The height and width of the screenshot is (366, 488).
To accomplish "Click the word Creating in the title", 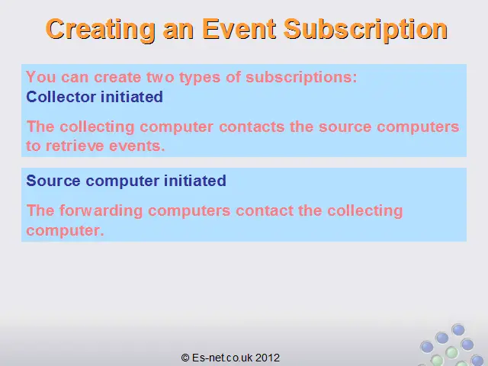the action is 100,30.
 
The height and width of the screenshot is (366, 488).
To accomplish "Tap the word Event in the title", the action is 239,29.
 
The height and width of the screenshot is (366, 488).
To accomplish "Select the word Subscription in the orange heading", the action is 365,30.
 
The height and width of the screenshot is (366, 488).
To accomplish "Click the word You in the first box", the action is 41,77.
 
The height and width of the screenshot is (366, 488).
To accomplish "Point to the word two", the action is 160,77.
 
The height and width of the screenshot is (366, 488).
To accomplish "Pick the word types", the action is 200,78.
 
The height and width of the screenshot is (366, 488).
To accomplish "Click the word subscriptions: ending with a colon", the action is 301,78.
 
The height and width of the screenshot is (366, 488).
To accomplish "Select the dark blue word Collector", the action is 61,97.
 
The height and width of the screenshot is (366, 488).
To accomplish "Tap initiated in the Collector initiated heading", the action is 132,97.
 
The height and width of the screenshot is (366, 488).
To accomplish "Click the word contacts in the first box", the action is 252,127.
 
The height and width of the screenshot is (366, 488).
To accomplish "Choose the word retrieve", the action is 75,146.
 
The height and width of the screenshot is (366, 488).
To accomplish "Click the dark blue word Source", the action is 53,181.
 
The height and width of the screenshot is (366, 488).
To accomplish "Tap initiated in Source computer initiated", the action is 195,181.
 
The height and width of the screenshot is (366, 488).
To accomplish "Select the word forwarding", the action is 101,211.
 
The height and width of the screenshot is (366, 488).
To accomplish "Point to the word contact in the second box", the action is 265,210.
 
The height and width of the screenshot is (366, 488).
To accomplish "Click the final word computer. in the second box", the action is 65,230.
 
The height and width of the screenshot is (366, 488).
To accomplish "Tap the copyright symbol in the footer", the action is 185,358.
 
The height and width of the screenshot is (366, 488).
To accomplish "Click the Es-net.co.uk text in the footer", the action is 222,358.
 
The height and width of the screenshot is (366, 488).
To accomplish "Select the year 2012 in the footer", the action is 268,358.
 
